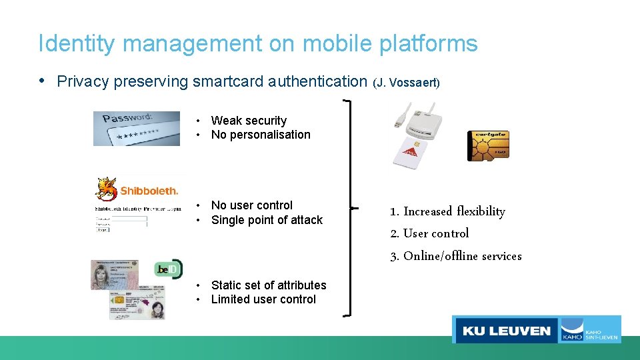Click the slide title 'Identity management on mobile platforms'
258,44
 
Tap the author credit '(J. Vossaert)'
406,83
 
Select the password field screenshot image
137,128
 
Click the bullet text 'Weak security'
249,121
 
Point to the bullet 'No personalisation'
261,135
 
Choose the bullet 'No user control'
251,205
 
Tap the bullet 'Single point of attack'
267,220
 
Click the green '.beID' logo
167,269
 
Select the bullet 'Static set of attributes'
269,285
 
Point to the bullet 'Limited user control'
263,299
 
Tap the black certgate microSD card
488,145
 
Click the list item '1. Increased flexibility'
448,211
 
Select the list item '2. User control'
430,233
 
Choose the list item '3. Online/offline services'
456,256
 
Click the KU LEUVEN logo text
507,331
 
